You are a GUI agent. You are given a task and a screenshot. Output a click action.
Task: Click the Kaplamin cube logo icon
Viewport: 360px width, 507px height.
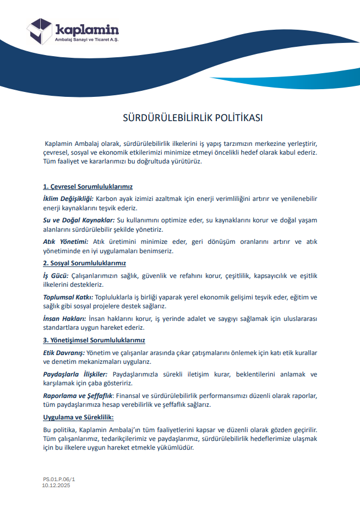pyautogui.click(x=40, y=31)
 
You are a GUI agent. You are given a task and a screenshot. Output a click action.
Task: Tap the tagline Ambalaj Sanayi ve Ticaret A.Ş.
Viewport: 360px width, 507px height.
pyautogui.click(x=87, y=40)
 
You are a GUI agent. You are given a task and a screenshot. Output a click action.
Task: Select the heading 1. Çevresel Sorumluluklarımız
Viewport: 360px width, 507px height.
pyautogui.click(x=88, y=187)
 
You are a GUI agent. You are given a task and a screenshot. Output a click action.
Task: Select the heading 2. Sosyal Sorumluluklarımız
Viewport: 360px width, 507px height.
pyautogui.click(x=84, y=263)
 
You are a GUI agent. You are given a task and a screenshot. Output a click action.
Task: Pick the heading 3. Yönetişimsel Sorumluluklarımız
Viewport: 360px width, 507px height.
pyautogui.click(x=94, y=340)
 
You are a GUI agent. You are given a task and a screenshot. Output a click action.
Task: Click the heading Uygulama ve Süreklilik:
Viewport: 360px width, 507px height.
pyautogui.click(x=78, y=417)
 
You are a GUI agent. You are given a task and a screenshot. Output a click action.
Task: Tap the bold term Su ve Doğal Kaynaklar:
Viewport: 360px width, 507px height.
pyautogui.click(x=79, y=220)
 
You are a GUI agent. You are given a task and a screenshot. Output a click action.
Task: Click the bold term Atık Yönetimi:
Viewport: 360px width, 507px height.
pyautogui.click(x=66, y=242)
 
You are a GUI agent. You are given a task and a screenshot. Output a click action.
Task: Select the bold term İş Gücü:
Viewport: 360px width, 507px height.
pyautogui.click(x=56, y=275)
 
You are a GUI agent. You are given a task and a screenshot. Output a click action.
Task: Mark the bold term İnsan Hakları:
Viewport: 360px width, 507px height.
pyautogui.click(x=64, y=319)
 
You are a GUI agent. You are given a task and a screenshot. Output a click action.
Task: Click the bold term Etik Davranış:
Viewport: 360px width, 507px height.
pyautogui.click(x=63, y=352)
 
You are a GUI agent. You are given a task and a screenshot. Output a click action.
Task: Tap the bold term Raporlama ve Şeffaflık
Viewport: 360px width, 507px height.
pyautogui.click(x=78, y=395)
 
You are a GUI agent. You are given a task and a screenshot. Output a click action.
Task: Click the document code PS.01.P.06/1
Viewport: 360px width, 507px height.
pyautogui.click(x=59, y=480)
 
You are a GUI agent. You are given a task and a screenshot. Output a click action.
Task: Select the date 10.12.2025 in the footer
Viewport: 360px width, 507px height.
pyautogui.click(x=57, y=486)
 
